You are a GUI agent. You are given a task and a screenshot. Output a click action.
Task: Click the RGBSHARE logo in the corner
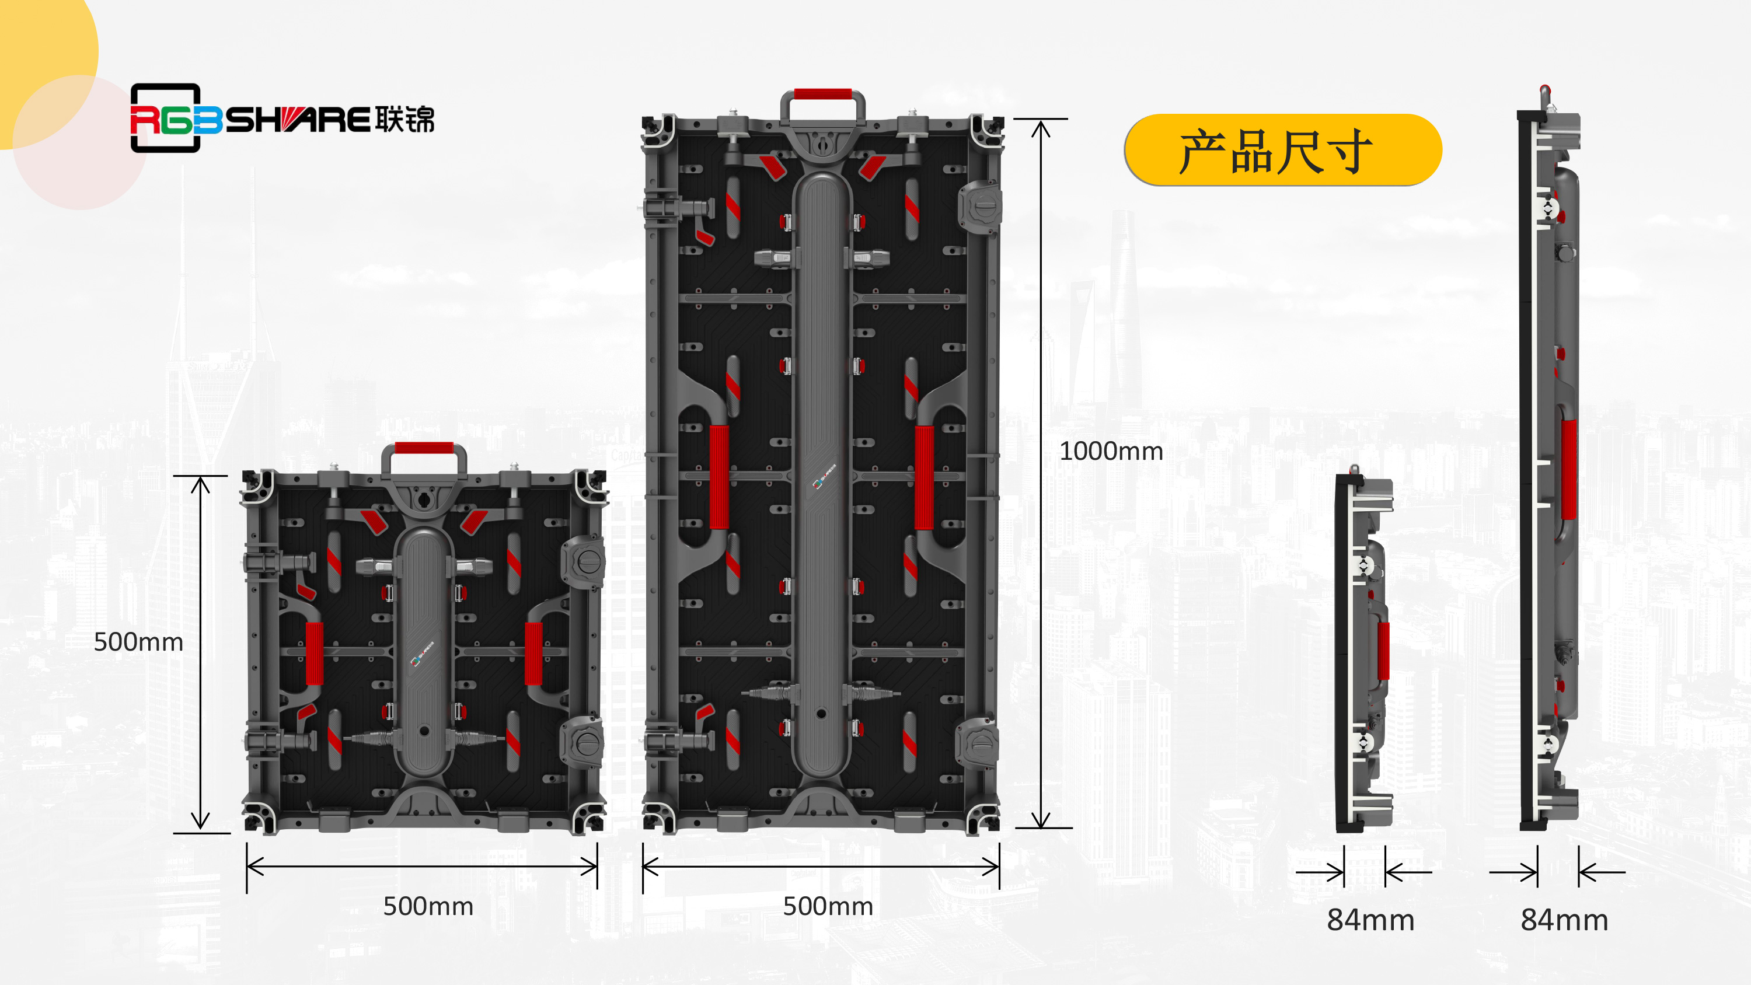click(282, 118)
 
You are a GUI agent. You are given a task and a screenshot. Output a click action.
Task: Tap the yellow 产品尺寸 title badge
click(1283, 149)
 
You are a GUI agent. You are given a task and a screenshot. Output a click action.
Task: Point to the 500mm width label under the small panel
click(428, 906)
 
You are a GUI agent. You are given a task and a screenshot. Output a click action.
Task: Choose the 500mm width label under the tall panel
click(828, 906)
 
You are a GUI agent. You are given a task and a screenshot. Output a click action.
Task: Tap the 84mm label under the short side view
click(1370, 920)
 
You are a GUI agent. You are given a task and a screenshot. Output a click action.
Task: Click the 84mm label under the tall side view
click(1564, 920)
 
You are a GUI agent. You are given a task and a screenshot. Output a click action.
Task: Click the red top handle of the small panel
click(424, 448)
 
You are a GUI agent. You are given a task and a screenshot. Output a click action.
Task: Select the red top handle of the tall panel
click(822, 94)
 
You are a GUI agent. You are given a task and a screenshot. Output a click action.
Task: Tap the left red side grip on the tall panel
click(719, 477)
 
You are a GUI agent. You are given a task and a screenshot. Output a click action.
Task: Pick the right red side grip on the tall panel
click(924, 477)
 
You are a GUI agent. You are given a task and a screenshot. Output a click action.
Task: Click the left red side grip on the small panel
click(314, 654)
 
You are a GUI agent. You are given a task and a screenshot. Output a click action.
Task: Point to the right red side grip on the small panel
click(533, 654)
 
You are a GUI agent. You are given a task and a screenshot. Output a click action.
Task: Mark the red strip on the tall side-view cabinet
click(1569, 469)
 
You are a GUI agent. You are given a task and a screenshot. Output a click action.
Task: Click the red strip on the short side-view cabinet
click(1383, 651)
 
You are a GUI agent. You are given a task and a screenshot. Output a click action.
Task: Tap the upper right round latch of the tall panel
click(979, 205)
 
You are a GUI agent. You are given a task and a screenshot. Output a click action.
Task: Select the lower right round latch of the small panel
click(582, 742)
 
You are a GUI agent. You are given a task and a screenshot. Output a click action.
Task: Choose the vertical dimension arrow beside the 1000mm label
click(1041, 474)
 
